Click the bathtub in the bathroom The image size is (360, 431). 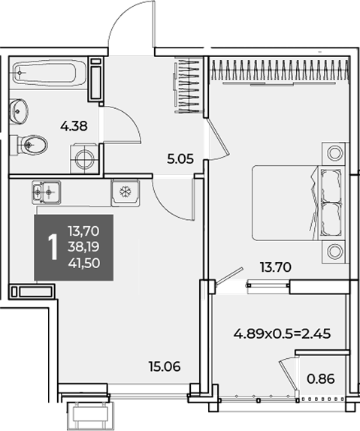coord(45,73)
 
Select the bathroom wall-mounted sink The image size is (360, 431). coord(19,111)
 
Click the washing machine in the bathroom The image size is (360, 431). coord(84,158)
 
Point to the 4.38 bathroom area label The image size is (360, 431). coord(74,126)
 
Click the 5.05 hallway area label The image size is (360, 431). coord(180,159)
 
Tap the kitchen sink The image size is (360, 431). coord(47,192)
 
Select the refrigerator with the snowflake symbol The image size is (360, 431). coord(126,192)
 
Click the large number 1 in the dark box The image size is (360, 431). coord(53,247)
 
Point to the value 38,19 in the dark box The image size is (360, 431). coord(84,247)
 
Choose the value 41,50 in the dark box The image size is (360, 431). coord(84,264)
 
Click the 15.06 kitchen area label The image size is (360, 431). coord(165,366)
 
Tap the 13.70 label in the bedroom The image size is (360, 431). coord(276,267)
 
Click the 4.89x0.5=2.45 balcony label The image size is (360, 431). coord(282,334)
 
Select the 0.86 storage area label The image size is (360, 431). coord(321,379)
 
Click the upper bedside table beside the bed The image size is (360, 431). coord(334,153)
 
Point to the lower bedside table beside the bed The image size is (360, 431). coord(334,252)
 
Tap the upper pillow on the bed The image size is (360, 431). coord(331,185)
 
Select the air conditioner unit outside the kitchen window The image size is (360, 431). coord(90,415)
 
